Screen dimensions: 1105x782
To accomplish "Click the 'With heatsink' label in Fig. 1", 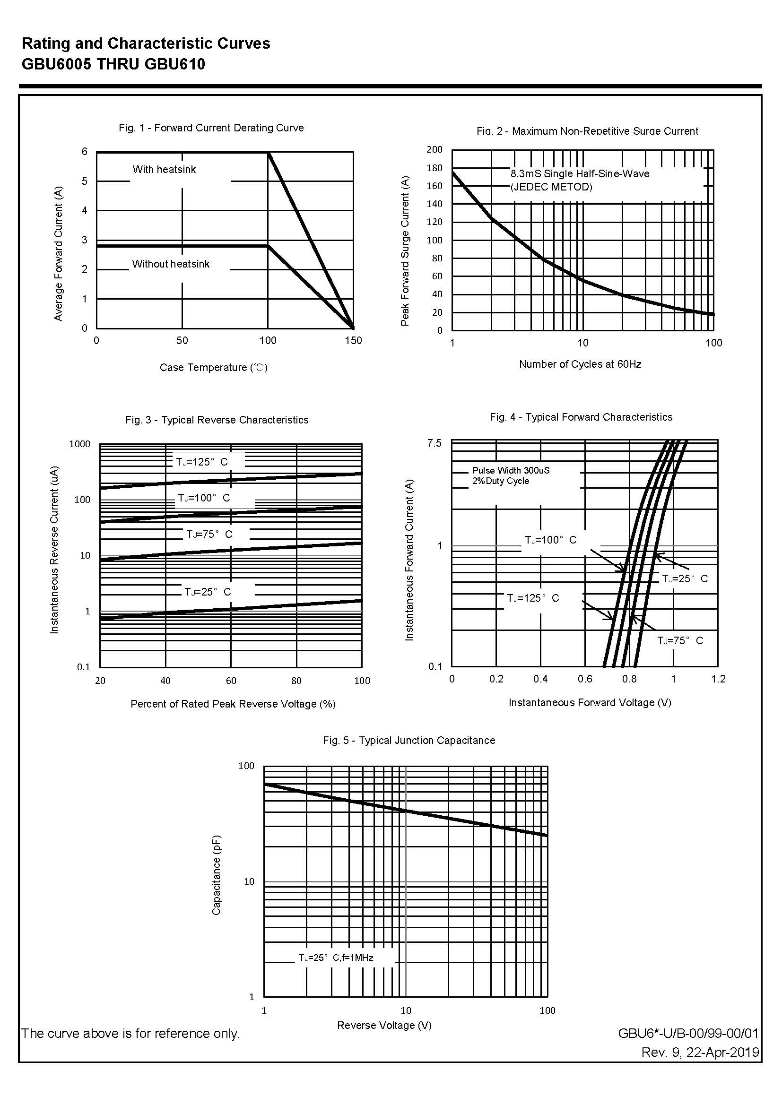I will (164, 169).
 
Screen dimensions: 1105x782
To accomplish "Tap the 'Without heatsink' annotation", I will (171, 264).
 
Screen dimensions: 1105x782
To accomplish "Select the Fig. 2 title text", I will (587, 131).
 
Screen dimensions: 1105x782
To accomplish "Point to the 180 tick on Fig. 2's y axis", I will (434, 168).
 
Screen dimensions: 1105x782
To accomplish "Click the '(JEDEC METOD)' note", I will (551, 187).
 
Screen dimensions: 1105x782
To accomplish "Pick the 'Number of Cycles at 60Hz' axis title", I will (580, 364).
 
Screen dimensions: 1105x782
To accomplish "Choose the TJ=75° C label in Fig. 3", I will (209, 534).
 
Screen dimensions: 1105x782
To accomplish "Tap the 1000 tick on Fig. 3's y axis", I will (80, 444).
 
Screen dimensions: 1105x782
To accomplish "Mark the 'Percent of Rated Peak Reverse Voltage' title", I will (233, 704).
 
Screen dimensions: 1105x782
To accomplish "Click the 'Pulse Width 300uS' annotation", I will (511, 470).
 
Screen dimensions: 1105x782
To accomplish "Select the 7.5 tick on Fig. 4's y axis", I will (434, 443).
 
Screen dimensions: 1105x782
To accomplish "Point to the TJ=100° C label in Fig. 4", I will (550, 540).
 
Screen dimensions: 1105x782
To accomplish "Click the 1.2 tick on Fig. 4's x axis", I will (718, 679).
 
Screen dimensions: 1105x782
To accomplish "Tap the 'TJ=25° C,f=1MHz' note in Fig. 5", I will (336, 958).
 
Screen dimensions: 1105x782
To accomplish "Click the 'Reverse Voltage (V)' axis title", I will (384, 1026).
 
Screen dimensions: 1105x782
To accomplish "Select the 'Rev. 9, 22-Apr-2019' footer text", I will (700, 1053).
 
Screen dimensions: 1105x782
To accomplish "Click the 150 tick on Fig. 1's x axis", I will (353, 341).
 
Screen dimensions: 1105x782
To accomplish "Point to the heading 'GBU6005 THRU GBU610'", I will (113, 64).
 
